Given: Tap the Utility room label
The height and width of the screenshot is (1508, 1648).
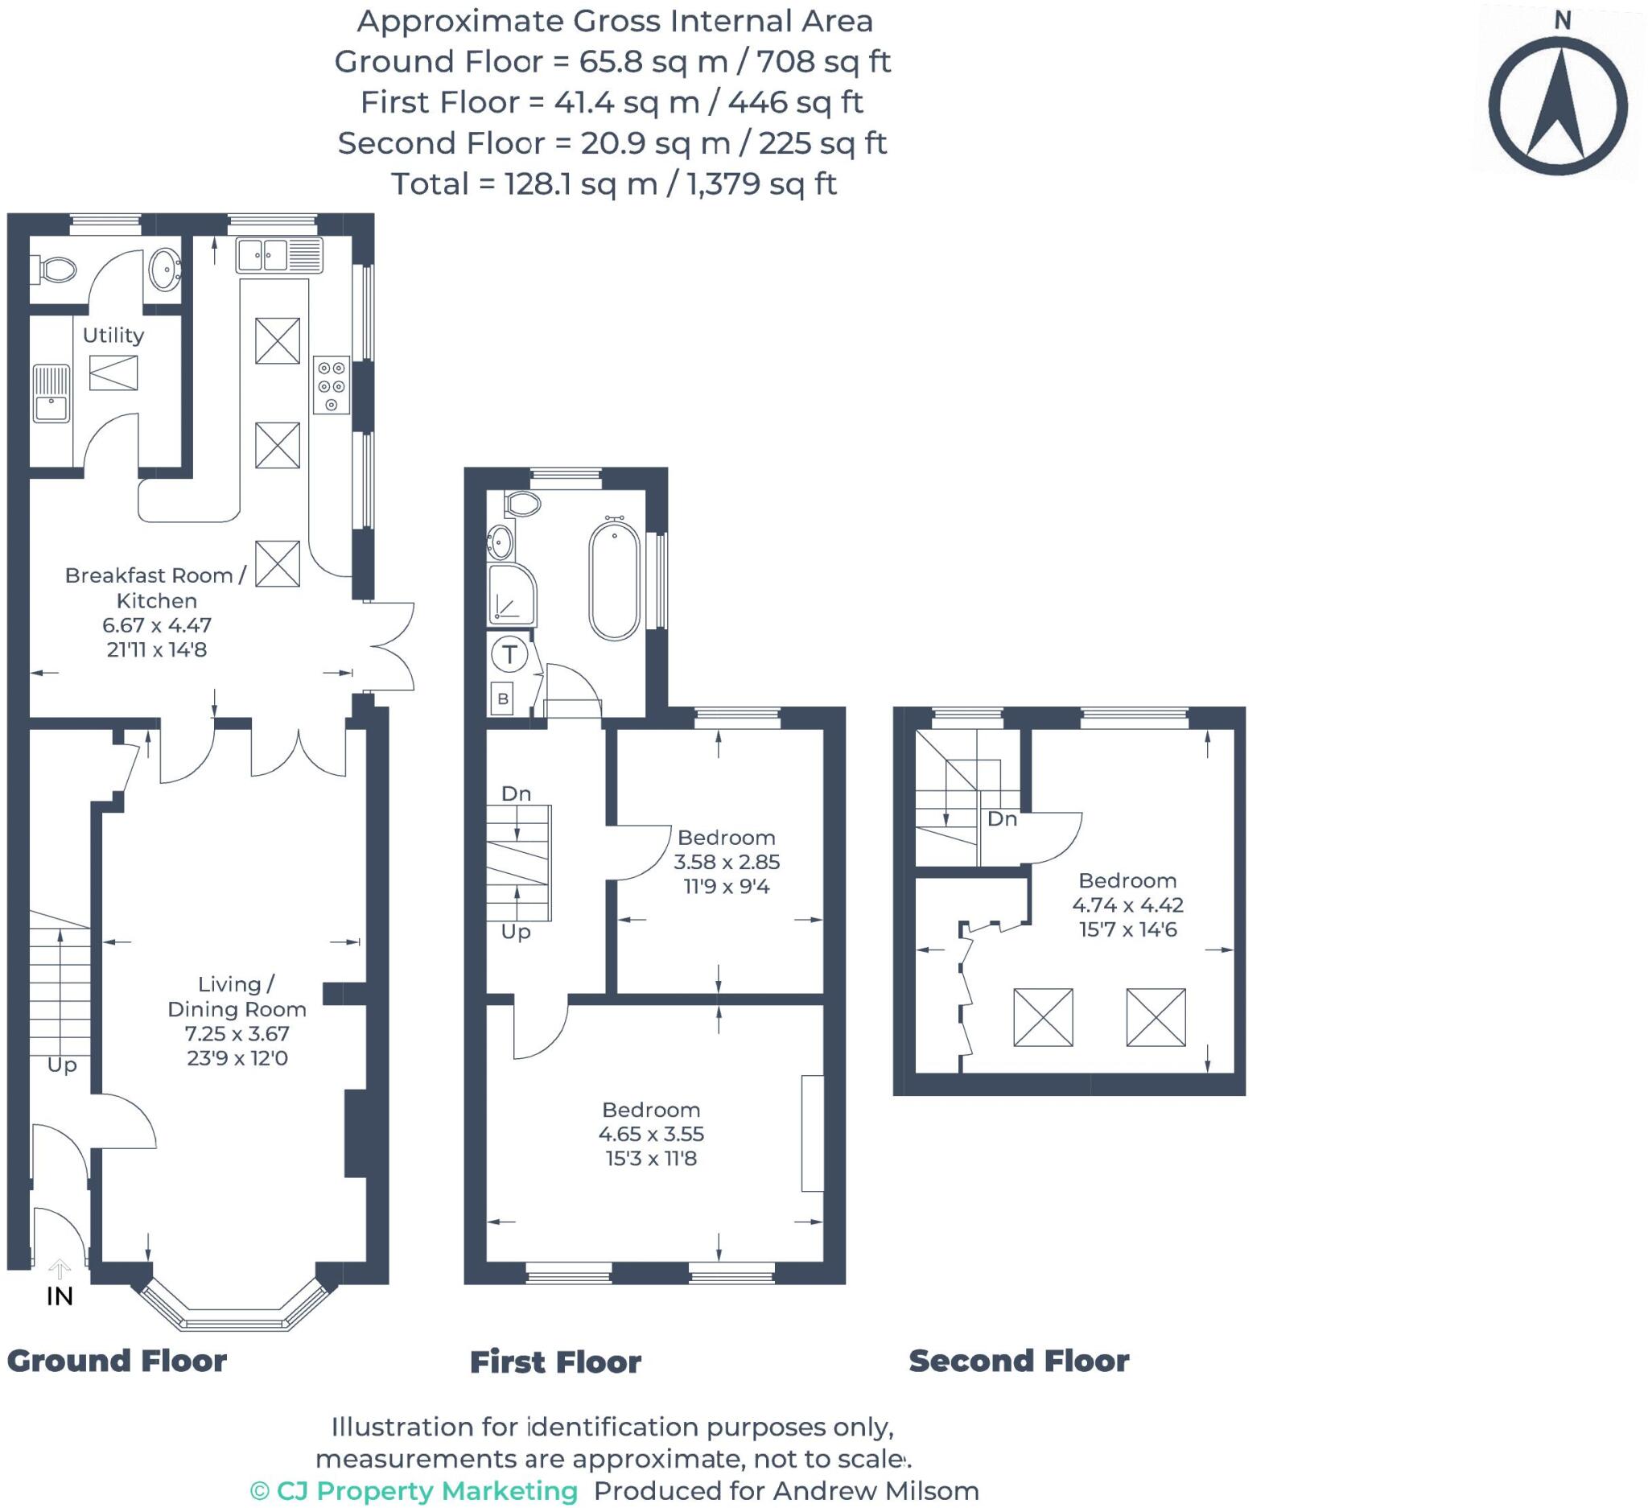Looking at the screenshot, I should [x=113, y=335].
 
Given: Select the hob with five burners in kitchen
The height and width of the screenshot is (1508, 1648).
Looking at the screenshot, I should [x=331, y=385].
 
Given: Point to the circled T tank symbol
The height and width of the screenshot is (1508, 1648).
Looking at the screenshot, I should [x=509, y=654].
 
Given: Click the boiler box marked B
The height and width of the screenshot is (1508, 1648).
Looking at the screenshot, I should [x=503, y=698].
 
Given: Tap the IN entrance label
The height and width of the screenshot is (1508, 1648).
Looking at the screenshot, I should [x=60, y=1296].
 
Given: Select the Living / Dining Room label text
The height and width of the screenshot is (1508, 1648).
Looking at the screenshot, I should [x=237, y=996].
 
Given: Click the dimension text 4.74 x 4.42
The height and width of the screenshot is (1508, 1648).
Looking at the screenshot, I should [x=1127, y=904].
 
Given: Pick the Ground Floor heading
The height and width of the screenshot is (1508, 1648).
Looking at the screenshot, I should [x=117, y=1361].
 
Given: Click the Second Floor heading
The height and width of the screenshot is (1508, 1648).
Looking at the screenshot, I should [x=1019, y=1361].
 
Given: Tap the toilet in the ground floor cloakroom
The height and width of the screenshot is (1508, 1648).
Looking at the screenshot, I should [x=56, y=269].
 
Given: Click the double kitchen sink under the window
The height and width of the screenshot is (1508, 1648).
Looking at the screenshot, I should [x=279, y=255].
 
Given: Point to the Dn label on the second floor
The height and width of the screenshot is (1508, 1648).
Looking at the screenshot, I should [x=1001, y=819].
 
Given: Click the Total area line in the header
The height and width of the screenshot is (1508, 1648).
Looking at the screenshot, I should [x=613, y=184].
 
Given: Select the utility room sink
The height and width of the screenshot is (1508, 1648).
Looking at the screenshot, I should [x=51, y=393].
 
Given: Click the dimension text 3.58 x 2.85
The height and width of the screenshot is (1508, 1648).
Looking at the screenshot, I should [x=726, y=862].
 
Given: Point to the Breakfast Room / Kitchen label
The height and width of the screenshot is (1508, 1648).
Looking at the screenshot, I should [x=156, y=587].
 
